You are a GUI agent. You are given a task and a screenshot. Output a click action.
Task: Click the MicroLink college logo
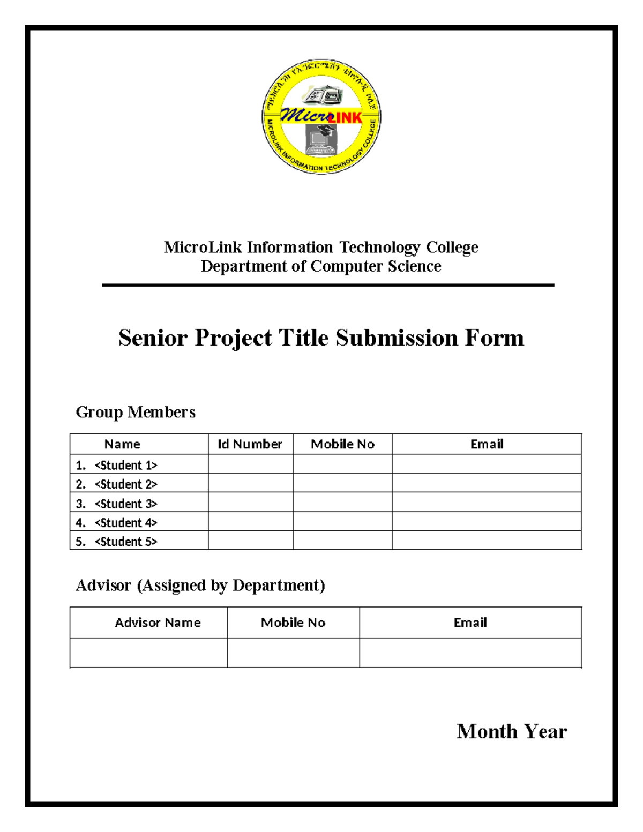[321, 117]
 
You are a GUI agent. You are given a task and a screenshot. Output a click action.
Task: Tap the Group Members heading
[135, 412]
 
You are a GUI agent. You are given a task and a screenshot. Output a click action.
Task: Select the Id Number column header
[250, 444]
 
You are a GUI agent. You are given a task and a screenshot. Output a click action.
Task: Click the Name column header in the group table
[122, 444]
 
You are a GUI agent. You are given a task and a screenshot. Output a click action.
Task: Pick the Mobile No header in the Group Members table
[342, 444]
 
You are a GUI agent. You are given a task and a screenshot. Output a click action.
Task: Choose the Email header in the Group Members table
[487, 444]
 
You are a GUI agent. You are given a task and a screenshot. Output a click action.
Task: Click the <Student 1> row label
[125, 465]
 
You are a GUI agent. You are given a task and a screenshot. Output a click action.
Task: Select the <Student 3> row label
[125, 504]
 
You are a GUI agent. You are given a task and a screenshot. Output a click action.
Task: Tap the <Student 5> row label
[125, 542]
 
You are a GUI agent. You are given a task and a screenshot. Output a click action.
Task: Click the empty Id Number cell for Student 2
[250, 483]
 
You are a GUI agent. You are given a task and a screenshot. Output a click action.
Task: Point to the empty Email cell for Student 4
[487, 522]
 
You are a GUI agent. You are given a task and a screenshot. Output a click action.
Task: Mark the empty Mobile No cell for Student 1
[342, 464]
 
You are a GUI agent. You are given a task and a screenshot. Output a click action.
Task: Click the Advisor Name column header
[158, 623]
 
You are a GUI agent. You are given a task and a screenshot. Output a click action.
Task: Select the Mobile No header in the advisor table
[293, 623]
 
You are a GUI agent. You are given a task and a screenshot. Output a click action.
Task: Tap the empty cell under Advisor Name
[148, 653]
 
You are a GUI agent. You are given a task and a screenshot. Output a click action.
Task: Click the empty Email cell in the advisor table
[470, 653]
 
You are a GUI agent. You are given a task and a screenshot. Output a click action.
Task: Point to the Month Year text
[511, 732]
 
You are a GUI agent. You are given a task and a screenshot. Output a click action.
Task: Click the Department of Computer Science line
[321, 266]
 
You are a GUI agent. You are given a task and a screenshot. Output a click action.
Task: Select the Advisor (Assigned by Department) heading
[200, 586]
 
